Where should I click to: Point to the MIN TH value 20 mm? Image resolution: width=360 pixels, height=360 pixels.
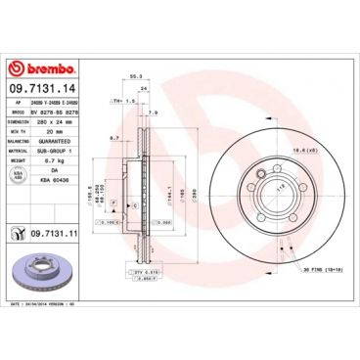pyautogui.click(x=56, y=131)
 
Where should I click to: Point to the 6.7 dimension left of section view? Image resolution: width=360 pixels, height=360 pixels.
pyautogui.click(x=113, y=138)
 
